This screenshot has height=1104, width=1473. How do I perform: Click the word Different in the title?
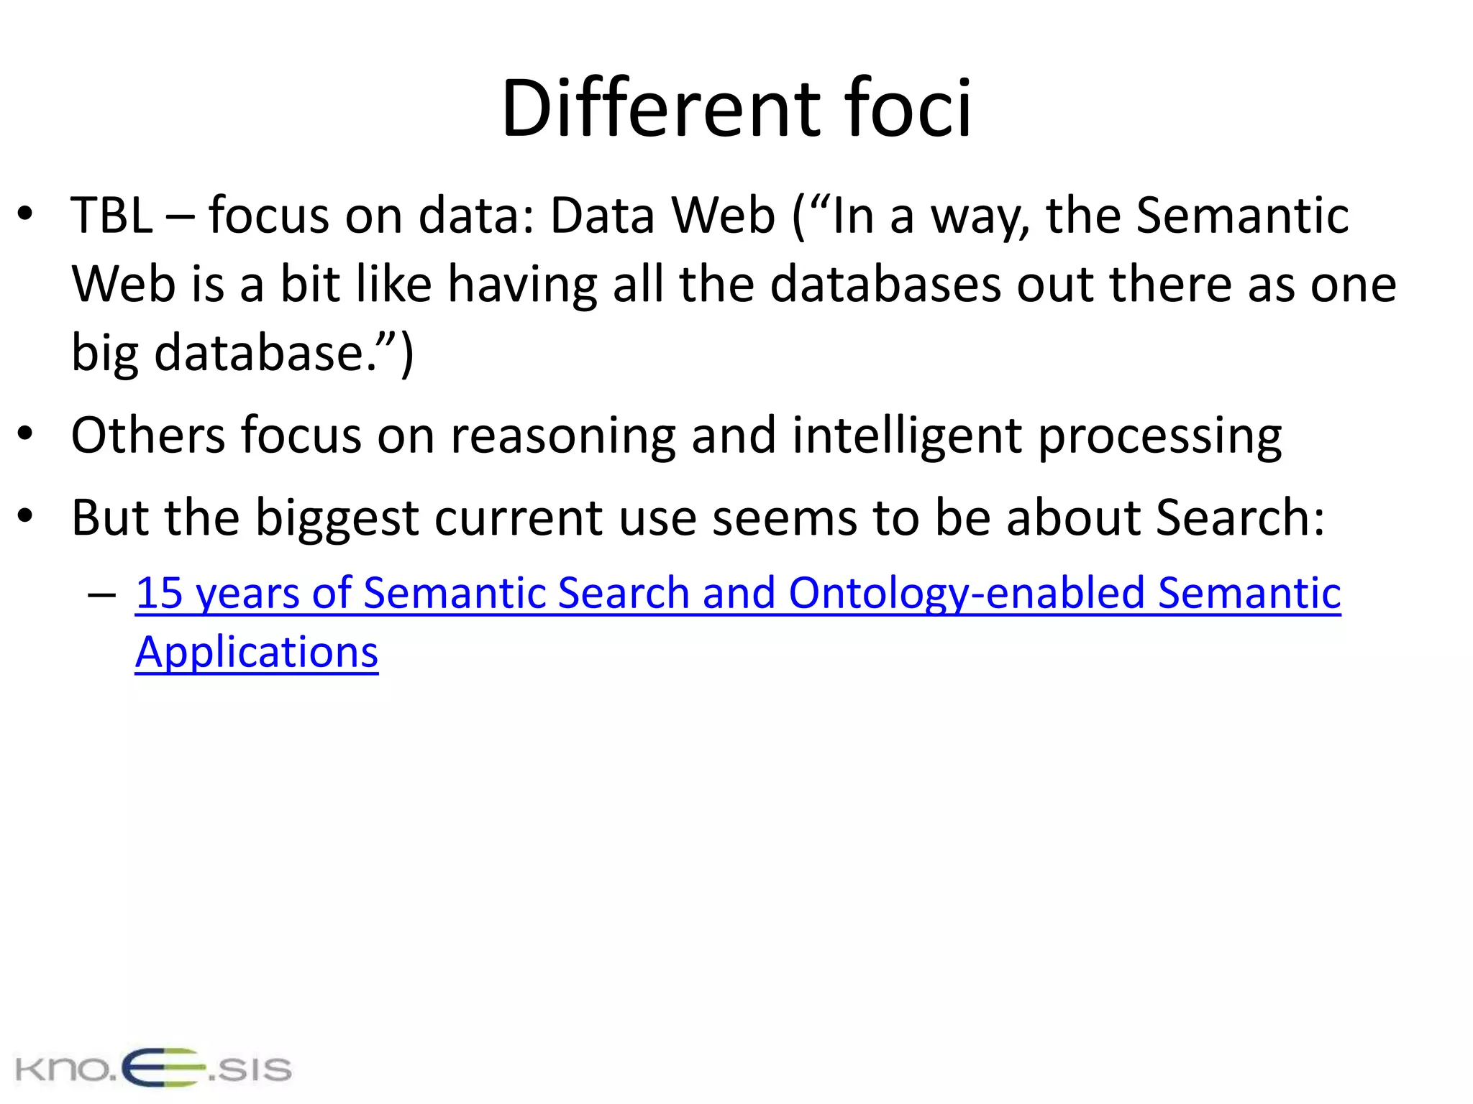pyautogui.click(x=660, y=109)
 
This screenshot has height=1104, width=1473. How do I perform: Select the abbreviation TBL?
pyautogui.click(x=112, y=216)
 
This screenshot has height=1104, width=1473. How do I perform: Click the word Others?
pyautogui.click(x=148, y=436)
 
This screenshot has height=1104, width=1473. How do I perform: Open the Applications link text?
pyautogui.click(x=257, y=653)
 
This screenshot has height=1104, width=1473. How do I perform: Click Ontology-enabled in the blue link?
pyautogui.click(x=967, y=594)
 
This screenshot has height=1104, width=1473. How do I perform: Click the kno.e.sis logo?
pyautogui.click(x=153, y=1068)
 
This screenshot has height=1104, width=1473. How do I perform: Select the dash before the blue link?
pyautogui.click(x=101, y=595)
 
